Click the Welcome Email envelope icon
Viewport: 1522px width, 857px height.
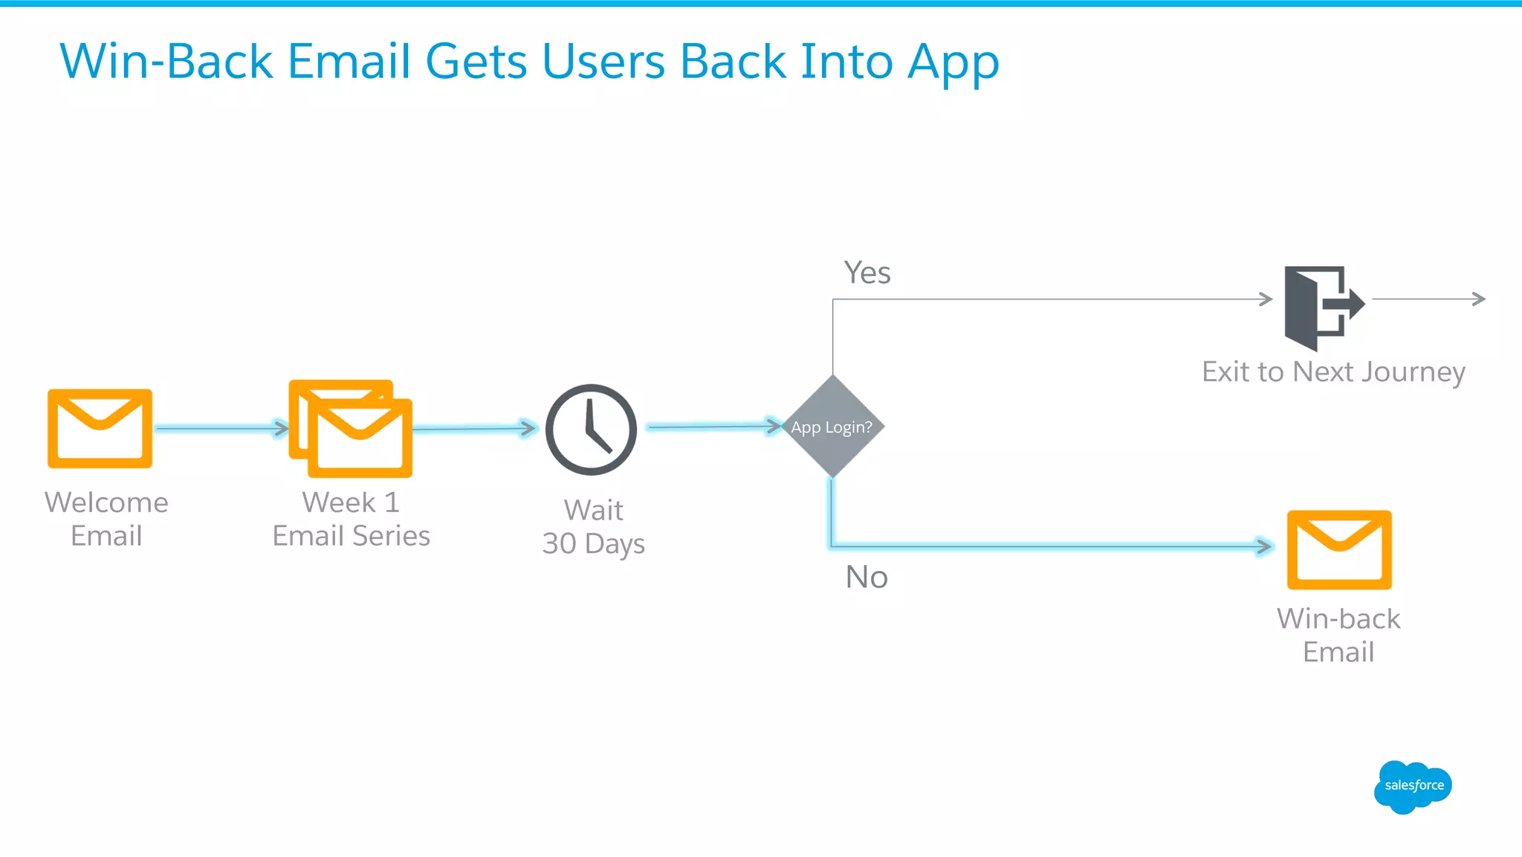click(100, 429)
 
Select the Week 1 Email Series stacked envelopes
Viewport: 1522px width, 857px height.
click(351, 429)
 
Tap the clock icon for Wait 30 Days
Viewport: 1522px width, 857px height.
click(591, 430)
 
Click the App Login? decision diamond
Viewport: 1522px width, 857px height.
click(832, 427)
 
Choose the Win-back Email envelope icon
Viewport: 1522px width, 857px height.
click(1339, 550)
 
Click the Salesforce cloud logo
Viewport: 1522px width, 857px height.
click(1412, 786)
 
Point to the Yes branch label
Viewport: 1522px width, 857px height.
click(867, 273)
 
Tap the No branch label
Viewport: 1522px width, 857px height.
click(867, 578)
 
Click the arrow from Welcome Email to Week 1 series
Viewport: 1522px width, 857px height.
click(221, 428)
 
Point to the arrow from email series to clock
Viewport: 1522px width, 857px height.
click(474, 428)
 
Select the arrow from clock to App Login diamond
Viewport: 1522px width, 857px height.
click(713, 427)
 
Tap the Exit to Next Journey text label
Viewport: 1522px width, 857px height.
click(1333, 372)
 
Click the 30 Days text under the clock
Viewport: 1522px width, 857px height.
click(593, 544)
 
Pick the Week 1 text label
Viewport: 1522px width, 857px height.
click(351, 502)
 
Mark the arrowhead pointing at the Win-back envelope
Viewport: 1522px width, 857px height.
click(1263, 546)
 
